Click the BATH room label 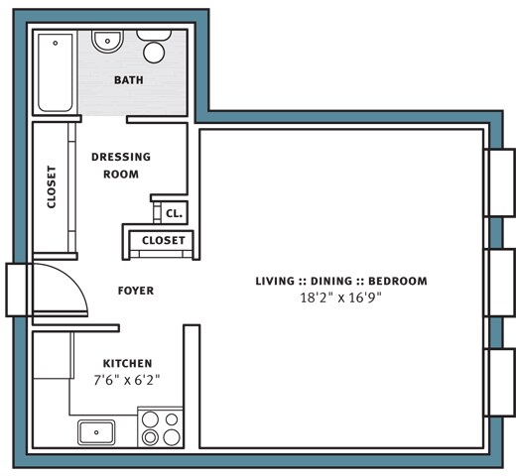(129, 80)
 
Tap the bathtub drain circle (56, 43)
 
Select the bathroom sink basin (107, 41)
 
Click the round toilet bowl (154, 53)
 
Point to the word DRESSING (121, 157)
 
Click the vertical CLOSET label (52, 187)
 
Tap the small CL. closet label (174, 213)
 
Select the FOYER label (136, 291)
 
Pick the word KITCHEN (128, 363)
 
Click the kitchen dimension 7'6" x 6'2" (127, 380)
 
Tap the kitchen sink (96, 432)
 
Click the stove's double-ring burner (150, 437)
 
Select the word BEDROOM (398, 281)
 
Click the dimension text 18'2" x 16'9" (341, 297)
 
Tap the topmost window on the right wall (500, 182)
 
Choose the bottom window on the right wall (500, 383)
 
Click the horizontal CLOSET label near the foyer (164, 240)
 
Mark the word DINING (331, 281)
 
